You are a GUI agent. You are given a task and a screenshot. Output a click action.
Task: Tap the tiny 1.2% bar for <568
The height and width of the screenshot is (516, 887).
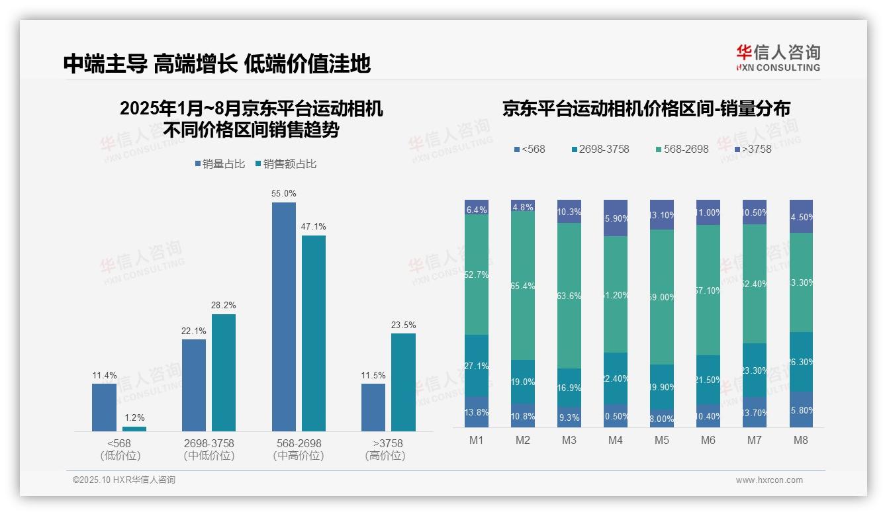coord(134,429)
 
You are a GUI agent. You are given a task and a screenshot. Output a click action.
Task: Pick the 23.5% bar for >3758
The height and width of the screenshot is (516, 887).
coord(403,382)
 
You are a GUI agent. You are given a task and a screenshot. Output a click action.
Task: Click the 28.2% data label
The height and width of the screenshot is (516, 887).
coord(224,306)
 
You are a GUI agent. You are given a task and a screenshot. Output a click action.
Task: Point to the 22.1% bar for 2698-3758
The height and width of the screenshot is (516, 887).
coord(193,385)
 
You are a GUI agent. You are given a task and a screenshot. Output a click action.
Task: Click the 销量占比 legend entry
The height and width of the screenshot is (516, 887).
coord(220,164)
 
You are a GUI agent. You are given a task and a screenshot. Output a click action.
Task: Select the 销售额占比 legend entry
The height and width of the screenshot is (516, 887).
coord(285,164)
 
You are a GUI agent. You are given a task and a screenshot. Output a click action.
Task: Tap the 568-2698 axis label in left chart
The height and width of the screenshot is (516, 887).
coord(298,443)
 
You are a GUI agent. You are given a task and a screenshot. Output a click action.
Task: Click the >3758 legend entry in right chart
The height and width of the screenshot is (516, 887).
coord(753,149)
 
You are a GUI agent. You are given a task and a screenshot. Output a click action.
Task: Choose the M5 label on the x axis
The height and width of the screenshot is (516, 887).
coord(662,440)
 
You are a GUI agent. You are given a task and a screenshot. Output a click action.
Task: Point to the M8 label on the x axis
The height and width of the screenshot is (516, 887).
coord(801,440)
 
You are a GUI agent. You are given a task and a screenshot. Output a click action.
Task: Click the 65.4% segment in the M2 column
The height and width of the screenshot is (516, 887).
coord(523,286)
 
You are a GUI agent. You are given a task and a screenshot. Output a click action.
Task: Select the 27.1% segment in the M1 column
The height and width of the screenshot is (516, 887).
coord(477,365)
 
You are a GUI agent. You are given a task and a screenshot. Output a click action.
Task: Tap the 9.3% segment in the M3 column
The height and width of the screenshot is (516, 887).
coord(569,417)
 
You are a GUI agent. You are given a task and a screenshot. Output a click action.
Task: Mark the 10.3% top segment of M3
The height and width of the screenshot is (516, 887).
coord(569,212)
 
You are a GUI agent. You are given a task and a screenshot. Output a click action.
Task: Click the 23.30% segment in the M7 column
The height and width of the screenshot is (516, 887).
coord(755,370)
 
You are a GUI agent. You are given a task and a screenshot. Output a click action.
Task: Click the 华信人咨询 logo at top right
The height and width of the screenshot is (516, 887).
coord(778,58)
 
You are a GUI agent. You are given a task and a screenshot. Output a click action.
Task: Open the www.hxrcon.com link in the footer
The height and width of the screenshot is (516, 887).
coord(769,480)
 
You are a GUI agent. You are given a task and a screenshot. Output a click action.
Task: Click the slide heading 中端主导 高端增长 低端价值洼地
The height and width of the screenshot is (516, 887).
coord(216,64)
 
